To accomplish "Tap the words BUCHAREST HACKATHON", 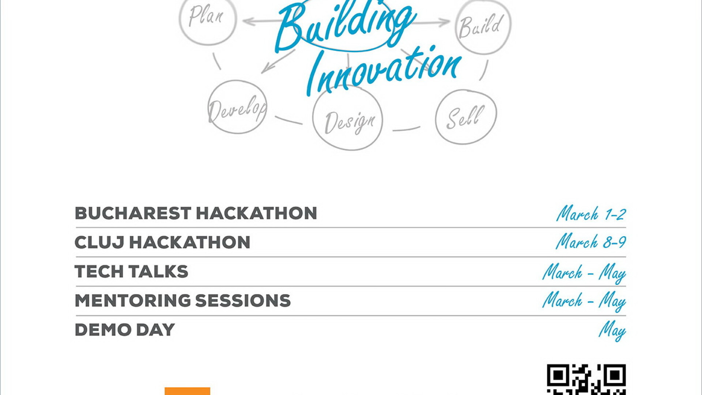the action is (196, 213).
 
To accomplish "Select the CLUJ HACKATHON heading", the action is (162, 242).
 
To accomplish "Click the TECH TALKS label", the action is (131, 272).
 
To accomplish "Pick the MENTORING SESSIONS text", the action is (182, 301).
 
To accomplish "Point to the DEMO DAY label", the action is (125, 330).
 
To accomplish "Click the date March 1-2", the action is (591, 213).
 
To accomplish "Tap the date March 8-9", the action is (591, 242).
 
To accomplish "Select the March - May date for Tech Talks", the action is (584, 273).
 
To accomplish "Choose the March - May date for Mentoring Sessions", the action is (584, 301).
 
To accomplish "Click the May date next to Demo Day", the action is (612, 331).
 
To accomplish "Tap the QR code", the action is (586, 380).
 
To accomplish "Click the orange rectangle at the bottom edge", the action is (187, 391).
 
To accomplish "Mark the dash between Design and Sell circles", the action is (406, 129).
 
